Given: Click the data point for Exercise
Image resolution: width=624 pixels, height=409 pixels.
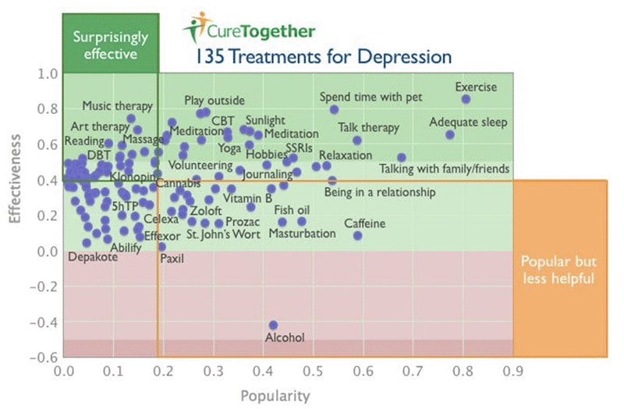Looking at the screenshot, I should [466, 99].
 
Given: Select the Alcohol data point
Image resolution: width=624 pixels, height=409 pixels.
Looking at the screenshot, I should [273, 325].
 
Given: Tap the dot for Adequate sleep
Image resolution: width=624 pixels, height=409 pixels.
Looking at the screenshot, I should [450, 135].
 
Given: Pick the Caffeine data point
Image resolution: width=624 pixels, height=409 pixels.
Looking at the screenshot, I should [358, 236].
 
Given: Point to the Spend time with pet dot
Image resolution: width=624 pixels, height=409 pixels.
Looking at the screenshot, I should [334, 109].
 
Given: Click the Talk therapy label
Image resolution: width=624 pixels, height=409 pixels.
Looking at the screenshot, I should [368, 127].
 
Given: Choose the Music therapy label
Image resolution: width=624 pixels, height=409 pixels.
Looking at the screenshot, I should [113, 106].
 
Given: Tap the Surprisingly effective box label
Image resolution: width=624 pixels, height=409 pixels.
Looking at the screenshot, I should [110, 45].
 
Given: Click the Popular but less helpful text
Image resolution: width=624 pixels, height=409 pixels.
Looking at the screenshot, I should [558, 270].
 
